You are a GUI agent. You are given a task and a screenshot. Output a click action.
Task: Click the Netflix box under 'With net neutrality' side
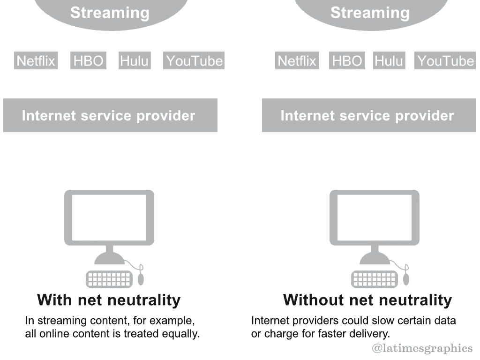pos(36,60)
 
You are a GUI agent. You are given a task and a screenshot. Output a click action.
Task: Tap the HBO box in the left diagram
pos(88,60)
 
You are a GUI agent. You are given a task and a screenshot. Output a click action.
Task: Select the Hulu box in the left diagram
pos(135,60)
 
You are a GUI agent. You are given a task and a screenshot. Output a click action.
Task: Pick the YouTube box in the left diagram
pos(194,60)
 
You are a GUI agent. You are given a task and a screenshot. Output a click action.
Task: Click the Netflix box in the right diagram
pos(297,60)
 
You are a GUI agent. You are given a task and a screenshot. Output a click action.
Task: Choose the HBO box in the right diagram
pos(347,60)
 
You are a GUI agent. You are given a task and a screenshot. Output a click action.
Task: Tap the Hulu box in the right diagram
pos(389,60)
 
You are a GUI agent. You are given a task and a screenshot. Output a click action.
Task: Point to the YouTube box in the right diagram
pos(445,60)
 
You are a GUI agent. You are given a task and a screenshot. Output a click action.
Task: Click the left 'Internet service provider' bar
pos(110,115)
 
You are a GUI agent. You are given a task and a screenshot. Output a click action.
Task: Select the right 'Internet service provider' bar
pos(369,115)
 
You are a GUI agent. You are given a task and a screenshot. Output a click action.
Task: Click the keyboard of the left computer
pos(109,279)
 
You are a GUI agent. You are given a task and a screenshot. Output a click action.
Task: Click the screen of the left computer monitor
pos(109,218)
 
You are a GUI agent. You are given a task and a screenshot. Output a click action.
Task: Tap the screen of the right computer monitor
pos(375,218)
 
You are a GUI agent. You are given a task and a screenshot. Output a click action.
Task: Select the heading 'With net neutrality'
pos(109,300)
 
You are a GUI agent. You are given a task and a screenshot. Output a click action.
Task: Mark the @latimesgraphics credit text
pos(422,348)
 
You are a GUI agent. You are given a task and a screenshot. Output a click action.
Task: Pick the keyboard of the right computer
pos(375,279)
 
